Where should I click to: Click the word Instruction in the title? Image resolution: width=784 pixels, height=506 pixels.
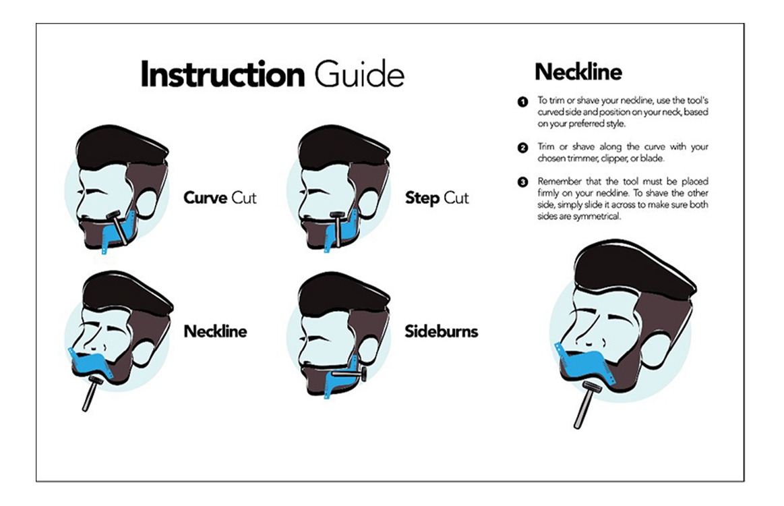222,75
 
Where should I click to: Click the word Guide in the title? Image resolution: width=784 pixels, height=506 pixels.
359,75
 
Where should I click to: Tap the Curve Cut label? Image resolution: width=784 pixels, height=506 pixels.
220,198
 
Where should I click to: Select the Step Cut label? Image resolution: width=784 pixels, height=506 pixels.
437,198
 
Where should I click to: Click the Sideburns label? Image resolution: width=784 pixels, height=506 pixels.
442,331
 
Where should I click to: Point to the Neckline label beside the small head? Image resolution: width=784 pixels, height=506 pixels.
215,331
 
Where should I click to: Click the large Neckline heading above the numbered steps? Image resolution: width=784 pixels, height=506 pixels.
578,72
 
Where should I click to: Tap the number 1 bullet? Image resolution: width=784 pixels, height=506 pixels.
522,102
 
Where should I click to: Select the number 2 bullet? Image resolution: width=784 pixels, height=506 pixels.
522,148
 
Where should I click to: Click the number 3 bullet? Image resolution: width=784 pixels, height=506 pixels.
522,182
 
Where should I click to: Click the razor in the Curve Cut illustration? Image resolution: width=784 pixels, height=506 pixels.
117,228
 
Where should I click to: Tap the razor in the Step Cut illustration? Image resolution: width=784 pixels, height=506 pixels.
336,229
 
